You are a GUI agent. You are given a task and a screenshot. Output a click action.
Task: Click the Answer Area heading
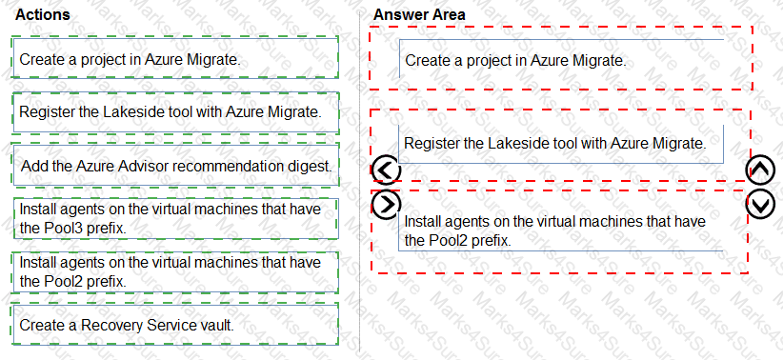[x=419, y=15]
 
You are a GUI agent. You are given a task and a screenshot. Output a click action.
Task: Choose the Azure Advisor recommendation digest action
[x=176, y=166]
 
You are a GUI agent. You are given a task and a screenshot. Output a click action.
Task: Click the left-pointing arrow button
[x=386, y=170]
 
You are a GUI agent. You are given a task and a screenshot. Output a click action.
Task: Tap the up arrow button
[x=762, y=170]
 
